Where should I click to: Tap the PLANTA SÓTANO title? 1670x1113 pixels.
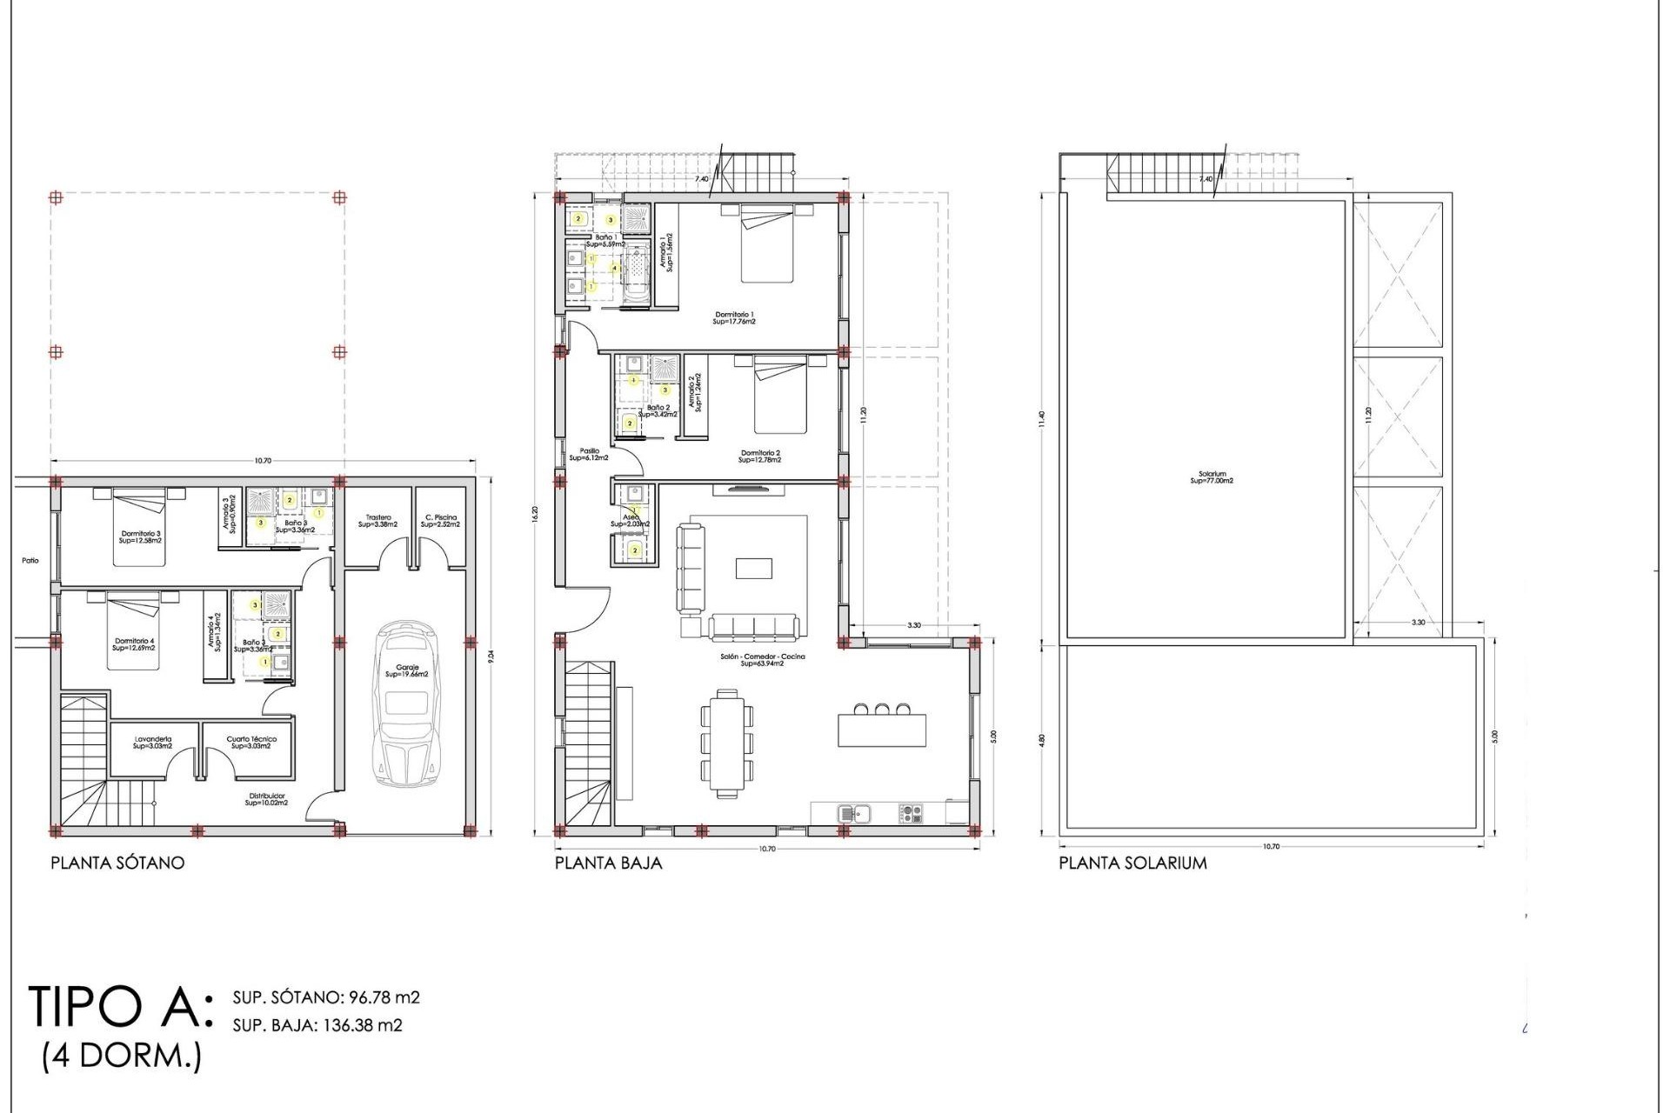coord(117,863)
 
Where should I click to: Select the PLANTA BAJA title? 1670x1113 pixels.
coord(608,863)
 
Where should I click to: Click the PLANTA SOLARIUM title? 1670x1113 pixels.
coord(1132,863)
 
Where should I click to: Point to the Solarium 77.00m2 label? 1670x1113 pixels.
coord(1212,477)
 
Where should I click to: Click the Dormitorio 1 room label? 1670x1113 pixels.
coord(734,317)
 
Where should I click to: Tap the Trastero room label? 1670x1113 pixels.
coord(377,521)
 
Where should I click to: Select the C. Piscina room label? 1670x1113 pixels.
coord(441,521)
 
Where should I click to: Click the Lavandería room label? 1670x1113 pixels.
coord(152,743)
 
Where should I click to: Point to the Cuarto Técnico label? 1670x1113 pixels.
coord(251,743)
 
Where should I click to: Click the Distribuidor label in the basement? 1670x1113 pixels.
coord(266,799)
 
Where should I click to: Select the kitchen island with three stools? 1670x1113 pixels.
coord(881,730)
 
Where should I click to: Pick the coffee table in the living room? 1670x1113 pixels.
coord(752,568)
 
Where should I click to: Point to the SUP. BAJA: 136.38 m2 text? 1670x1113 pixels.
coord(317,1025)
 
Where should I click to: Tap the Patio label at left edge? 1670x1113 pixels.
coord(30,561)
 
